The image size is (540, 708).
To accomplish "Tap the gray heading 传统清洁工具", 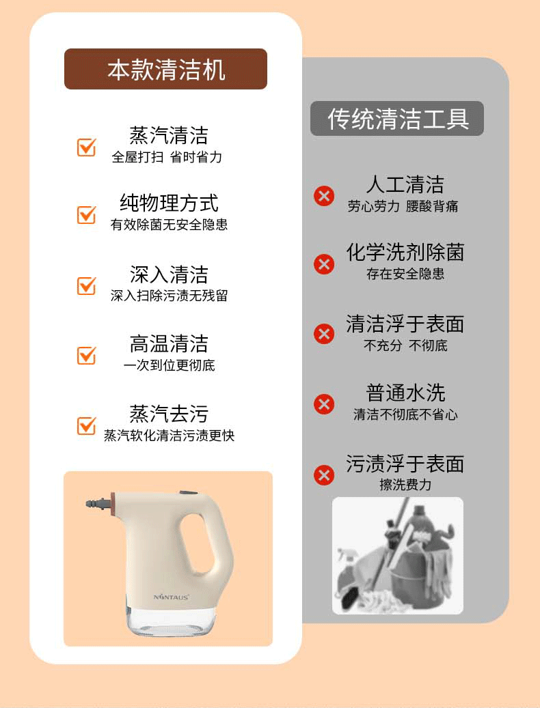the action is (x=396, y=119).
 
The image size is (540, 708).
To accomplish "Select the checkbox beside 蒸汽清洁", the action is (x=86, y=147).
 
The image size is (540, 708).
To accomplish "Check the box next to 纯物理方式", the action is (x=86, y=214).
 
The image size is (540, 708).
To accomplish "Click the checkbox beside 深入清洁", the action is (x=86, y=285).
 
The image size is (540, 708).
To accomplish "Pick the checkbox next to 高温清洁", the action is (x=86, y=355).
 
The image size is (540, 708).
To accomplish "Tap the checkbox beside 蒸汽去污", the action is (x=86, y=425).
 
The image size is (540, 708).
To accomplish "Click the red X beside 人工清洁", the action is (x=324, y=196).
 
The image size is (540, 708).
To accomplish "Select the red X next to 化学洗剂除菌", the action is (x=324, y=264).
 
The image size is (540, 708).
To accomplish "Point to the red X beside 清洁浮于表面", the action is (x=324, y=334).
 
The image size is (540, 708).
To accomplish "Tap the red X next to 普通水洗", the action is (x=324, y=404).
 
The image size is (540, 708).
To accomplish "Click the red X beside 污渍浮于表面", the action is (x=324, y=475).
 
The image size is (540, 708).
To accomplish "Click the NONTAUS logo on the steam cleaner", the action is (x=171, y=597).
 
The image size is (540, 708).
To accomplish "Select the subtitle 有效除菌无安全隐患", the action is (x=169, y=225).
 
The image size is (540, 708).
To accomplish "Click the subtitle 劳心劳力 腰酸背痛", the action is (x=403, y=206).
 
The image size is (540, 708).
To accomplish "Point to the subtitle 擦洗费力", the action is (x=405, y=485).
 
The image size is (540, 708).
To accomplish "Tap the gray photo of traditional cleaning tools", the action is (x=398, y=556).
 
